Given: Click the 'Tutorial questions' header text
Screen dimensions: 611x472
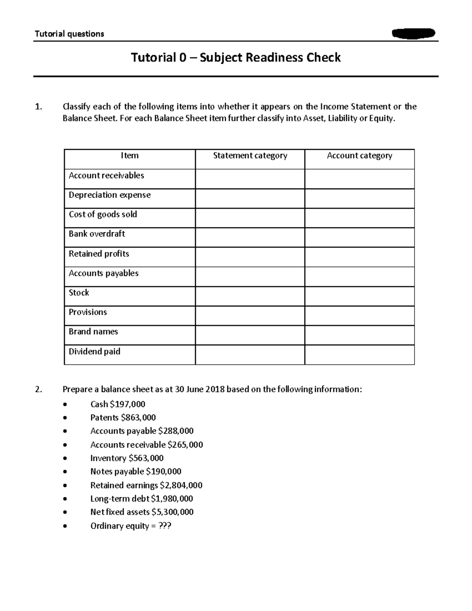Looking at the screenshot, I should pos(69,34).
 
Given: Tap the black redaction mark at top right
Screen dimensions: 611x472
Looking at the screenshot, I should pos(413,33).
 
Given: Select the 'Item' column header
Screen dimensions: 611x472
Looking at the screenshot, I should pos(129,156).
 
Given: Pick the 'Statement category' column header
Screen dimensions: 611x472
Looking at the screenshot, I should pos(250,156).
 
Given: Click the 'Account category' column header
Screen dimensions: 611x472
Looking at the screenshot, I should pos(359,156).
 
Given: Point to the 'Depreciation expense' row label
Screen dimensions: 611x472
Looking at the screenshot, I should pos(109,195).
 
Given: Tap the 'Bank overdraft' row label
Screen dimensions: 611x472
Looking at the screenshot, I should pos(97,234).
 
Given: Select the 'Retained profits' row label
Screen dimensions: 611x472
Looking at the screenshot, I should pos(99,254).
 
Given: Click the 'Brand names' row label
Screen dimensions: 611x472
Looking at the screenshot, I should pos(93,332).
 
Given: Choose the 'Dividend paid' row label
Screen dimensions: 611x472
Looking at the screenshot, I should pos(94,351).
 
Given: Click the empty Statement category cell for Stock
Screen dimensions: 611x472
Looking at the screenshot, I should pos(250,296).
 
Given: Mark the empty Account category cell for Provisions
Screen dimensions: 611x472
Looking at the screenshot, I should pos(359,316).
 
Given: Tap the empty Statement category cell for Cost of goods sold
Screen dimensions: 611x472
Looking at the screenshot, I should pos(250,218).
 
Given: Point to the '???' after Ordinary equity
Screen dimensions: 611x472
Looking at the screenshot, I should pos(164,526).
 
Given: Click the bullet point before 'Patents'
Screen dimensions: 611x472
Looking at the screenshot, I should pos(65,418).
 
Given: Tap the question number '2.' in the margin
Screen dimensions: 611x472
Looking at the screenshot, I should pos(38,389).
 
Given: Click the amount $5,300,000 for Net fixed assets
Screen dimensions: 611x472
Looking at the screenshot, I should pos(172,512).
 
